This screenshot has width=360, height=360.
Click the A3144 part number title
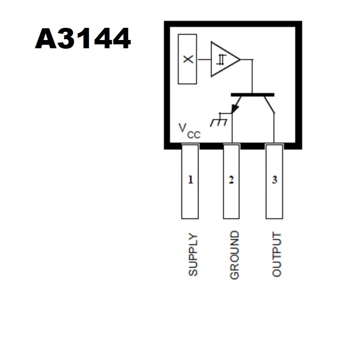coord(83,38)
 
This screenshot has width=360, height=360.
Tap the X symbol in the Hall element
coord(188,59)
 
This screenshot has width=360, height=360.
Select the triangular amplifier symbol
coord(226,59)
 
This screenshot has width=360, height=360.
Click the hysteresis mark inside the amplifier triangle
coord(221,60)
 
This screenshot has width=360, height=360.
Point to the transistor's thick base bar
coord(253,95)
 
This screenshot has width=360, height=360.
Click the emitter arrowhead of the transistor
coord(235,109)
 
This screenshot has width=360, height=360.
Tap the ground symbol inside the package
coord(219,120)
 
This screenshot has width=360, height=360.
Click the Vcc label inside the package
coord(190,131)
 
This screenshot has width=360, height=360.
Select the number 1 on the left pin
coord(190,180)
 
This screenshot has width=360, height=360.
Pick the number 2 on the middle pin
coord(231,180)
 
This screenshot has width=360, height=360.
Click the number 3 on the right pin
coord(274,180)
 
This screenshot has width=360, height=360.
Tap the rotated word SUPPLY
coord(193,254)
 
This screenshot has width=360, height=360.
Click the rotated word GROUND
coord(234,255)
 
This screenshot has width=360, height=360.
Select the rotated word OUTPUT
coord(277,254)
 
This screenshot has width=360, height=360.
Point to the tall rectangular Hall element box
coord(187,59)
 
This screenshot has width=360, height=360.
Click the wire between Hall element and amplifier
coord(204,60)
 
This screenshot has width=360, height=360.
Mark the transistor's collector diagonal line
coord(269,105)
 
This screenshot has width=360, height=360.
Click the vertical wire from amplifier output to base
coord(253,76)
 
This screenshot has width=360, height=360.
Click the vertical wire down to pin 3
coord(274,128)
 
